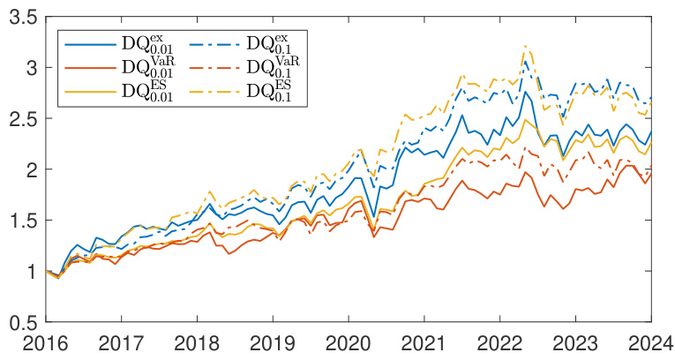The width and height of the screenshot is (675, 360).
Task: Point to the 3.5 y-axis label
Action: click(21, 17)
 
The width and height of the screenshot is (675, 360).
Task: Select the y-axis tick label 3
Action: click(29, 68)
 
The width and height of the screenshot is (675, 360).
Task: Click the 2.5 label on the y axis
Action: click(21, 119)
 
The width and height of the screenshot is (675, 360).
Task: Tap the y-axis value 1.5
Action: click(21, 221)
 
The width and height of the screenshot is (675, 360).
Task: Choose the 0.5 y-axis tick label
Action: click(21, 323)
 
